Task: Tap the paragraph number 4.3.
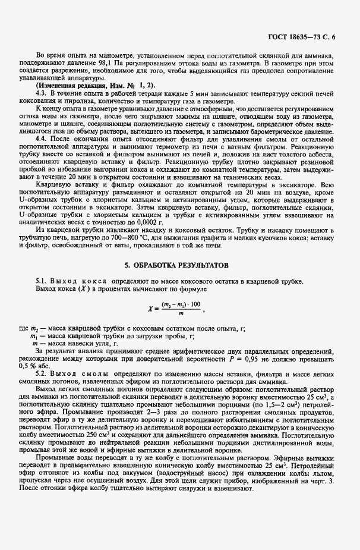coord(42,94)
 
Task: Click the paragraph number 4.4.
coord(42,137)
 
